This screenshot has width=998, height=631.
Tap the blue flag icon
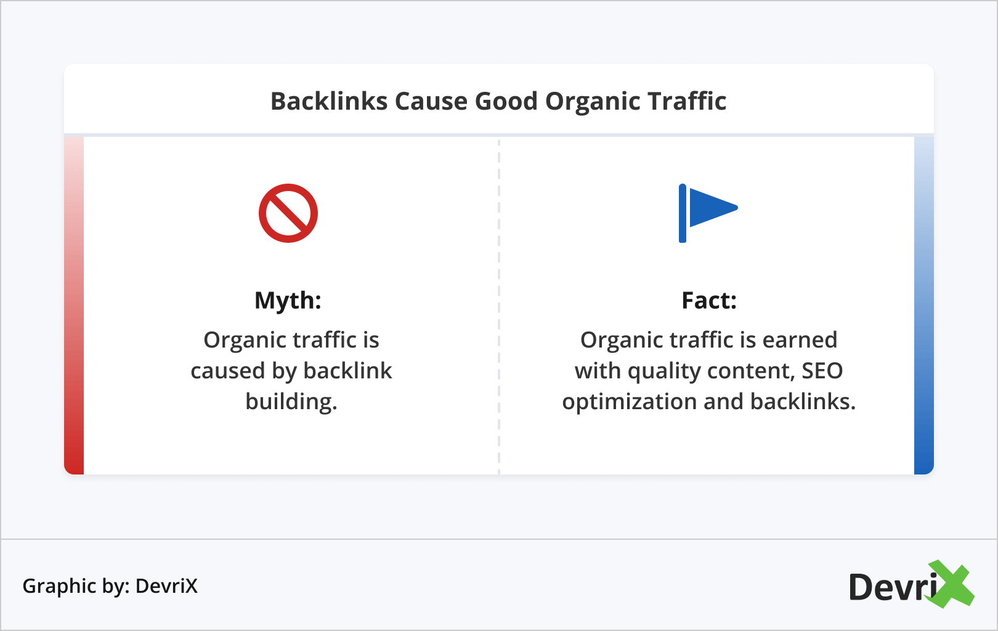coord(708,213)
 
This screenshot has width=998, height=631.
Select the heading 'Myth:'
coord(288,301)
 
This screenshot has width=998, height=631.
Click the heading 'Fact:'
coord(709,300)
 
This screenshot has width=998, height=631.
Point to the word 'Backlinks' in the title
coord(329,101)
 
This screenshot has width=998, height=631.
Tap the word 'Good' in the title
coord(506,101)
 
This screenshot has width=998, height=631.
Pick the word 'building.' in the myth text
coord(291,401)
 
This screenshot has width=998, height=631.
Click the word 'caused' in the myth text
coord(228,371)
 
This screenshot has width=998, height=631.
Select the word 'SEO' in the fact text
coord(822,371)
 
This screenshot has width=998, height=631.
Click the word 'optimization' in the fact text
coord(629,402)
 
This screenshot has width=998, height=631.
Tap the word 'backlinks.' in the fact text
coord(803,401)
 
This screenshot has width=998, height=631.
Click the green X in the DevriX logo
coord(951,584)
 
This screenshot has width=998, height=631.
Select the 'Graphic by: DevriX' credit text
coord(110,586)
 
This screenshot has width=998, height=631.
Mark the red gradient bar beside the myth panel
coord(74,305)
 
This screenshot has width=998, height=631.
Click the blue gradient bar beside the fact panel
coord(923,305)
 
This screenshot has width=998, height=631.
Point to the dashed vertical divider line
coord(498,307)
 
